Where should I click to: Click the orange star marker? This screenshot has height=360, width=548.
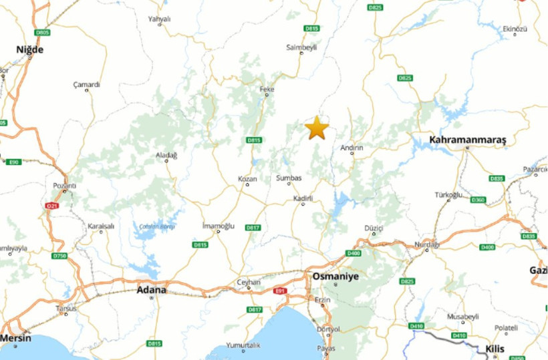317,128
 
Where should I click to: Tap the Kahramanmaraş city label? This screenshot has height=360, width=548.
468,140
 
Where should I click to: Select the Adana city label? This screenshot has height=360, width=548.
151,290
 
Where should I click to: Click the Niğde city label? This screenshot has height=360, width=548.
29,49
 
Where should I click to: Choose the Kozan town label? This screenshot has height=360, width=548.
247,179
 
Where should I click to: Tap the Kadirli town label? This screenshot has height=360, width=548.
303,198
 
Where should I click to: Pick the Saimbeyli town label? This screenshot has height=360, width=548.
300,47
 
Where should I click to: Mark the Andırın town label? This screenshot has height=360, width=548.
352,147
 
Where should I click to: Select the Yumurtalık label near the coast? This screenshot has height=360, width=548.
243,345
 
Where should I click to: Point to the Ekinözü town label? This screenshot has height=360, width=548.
515,29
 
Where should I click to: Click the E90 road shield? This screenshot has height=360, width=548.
13,162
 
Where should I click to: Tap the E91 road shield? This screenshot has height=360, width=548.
280,291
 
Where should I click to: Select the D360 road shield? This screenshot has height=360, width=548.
478,200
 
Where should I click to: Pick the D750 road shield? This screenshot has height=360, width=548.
59,255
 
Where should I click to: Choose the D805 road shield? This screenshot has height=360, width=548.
42,32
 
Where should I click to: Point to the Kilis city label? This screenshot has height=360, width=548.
495,349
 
